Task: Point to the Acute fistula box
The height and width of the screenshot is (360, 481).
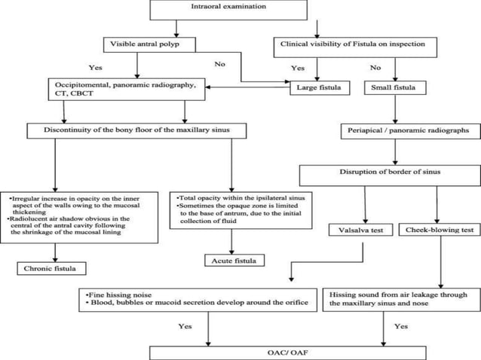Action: (231, 261)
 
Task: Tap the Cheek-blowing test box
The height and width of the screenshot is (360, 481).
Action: (439, 230)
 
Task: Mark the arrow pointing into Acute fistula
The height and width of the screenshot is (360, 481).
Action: (231, 243)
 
